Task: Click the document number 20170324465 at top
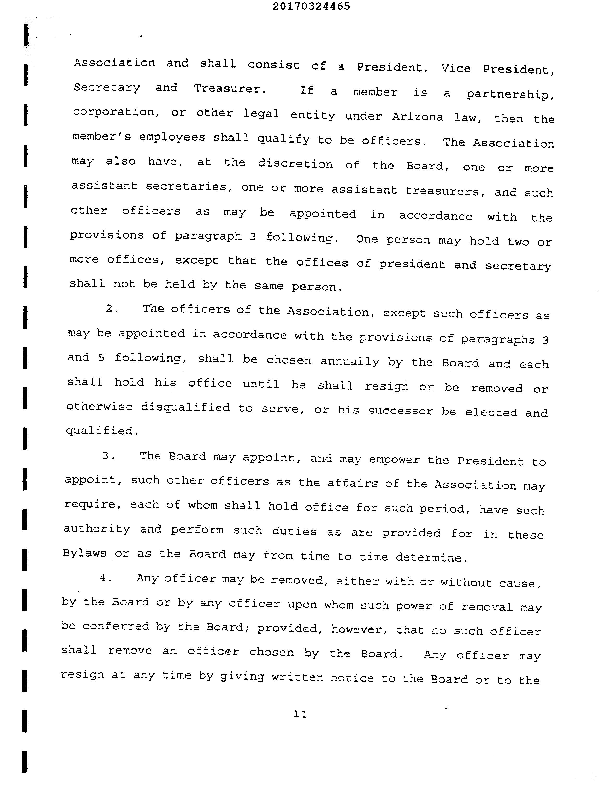(x=311, y=6)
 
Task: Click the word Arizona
(x=417, y=117)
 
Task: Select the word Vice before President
(x=456, y=68)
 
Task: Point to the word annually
(x=350, y=361)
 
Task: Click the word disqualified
(x=185, y=407)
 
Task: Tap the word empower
(x=394, y=460)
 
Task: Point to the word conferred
(x=116, y=626)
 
